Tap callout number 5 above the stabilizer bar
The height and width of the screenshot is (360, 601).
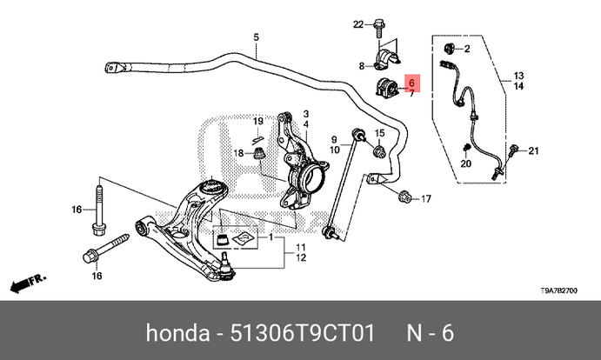[x=257, y=37]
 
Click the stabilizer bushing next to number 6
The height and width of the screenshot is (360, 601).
[x=387, y=87]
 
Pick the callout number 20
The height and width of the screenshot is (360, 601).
[x=466, y=163]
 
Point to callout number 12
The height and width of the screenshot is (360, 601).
[x=300, y=258]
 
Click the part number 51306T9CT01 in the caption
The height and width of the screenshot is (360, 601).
[x=301, y=334]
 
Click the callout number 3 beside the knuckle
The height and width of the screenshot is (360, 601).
[x=307, y=114]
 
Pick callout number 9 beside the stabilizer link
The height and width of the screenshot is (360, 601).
[x=333, y=139]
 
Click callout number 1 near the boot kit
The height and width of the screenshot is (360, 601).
[x=270, y=237]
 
